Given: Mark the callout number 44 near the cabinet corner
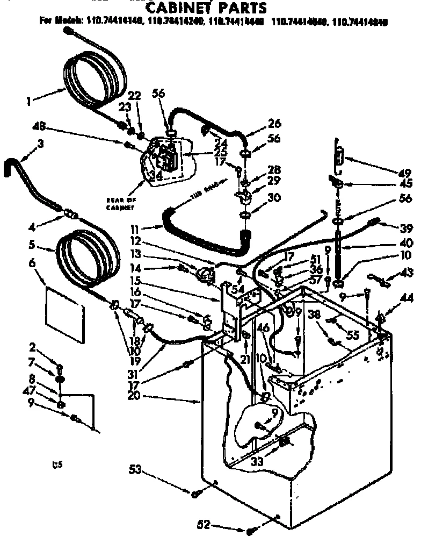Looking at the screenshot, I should pos(407,297).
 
